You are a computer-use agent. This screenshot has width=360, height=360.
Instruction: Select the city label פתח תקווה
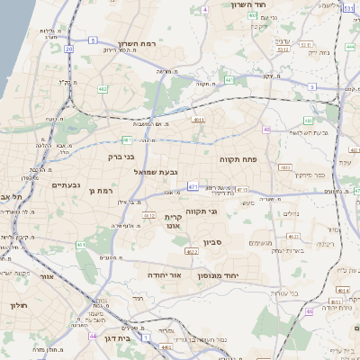click(x=238, y=158)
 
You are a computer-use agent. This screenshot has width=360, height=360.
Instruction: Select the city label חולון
click(x=16, y=306)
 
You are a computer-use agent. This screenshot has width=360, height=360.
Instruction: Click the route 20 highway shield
click(x=68, y=49)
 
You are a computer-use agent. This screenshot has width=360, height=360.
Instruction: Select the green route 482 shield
click(x=103, y=90)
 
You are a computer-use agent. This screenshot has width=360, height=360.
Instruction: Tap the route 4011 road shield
click(x=199, y=119)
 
